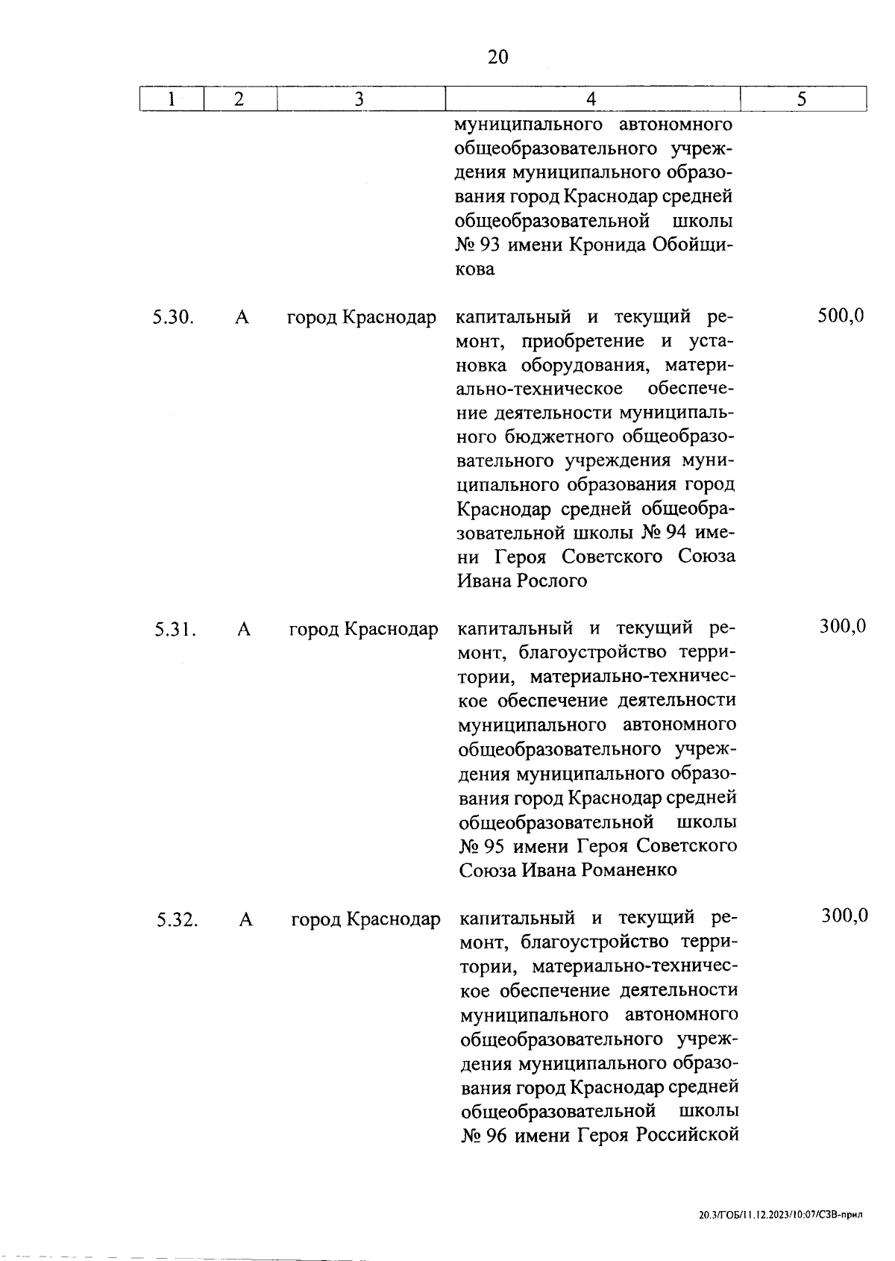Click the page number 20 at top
click(497, 57)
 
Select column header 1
click(172, 99)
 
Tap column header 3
click(359, 99)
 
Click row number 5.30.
click(174, 318)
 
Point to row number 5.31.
click(175, 630)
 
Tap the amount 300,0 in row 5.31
click(843, 627)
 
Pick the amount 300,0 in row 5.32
click(844, 916)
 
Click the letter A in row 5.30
click(242, 318)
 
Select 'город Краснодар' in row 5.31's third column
click(363, 630)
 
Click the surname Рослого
click(552, 581)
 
